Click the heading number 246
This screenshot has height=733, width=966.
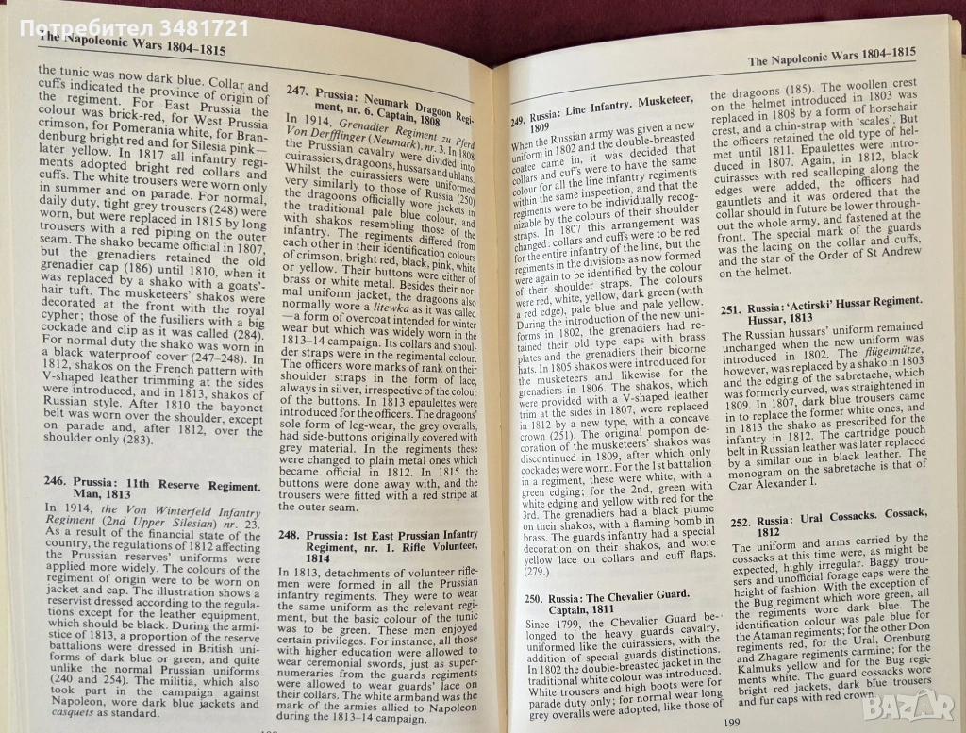(56, 487)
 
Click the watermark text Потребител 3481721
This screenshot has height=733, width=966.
(125, 27)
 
